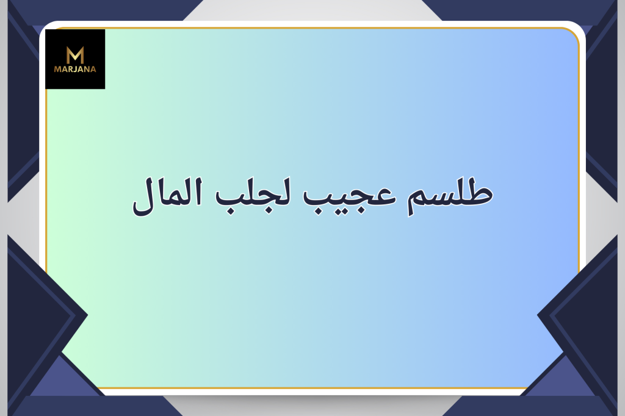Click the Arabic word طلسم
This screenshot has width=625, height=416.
(x=450, y=195)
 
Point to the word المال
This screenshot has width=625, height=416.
(x=167, y=197)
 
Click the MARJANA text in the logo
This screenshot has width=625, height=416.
(x=75, y=69)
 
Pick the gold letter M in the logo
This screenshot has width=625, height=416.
(x=75, y=55)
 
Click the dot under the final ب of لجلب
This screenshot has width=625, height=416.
(x=230, y=211)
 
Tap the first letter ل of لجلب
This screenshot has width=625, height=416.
(x=284, y=192)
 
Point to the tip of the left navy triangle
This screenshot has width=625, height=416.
(x=88, y=315)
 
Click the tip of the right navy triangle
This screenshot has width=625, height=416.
(x=537, y=315)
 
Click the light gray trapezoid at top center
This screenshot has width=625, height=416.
(x=312, y=10)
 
